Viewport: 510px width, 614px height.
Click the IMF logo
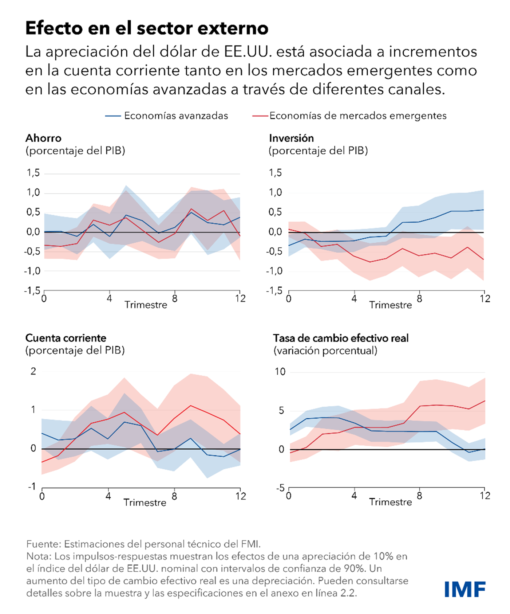[465, 589]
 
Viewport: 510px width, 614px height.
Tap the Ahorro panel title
[43, 138]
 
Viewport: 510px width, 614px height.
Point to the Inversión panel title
[291, 138]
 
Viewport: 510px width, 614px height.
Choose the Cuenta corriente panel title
[66, 338]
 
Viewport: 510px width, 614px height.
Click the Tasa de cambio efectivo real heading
[341, 338]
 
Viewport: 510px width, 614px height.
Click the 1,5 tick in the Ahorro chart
[33, 173]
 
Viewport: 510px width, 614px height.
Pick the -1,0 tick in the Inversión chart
[275, 271]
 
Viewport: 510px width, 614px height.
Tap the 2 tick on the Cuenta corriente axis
[33, 371]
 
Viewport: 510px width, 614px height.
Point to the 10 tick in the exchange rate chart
[280, 372]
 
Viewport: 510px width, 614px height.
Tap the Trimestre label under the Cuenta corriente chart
[145, 502]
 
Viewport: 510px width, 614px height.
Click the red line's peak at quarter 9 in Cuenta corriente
[190, 406]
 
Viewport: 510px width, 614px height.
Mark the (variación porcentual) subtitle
[325, 351]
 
